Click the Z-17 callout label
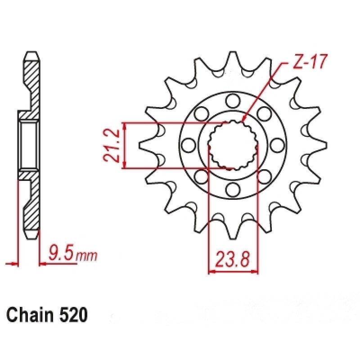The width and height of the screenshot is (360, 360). click(x=310, y=62)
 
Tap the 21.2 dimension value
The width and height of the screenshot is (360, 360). click(x=111, y=145)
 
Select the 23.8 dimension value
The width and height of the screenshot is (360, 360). click(x=233, y=260)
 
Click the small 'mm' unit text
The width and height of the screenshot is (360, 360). click(x=86, y=256)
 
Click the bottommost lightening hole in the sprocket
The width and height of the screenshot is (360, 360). click(x=233, y=189)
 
